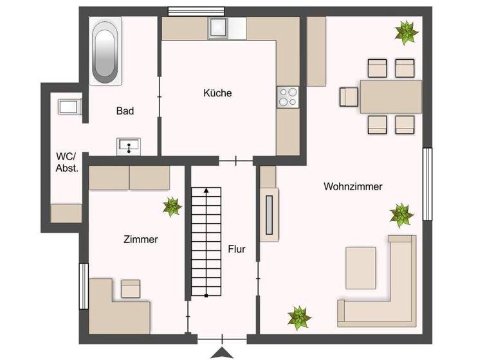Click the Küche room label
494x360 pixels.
pos(217,93)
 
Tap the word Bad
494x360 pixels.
pos(125,111)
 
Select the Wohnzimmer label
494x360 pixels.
pos(353,186)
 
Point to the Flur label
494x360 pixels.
pos(236,249)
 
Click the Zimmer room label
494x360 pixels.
pos(141,239)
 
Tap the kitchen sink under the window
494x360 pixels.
pos(218,28)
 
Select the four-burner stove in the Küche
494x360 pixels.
pos(287,96)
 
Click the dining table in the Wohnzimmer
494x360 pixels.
pos(391,96)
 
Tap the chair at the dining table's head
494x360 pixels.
pos(348,96)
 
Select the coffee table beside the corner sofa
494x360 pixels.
pos(360,267)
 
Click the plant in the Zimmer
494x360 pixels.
pos(172,206)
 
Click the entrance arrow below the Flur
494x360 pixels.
pos(222,352)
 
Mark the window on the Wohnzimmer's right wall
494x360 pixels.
pos(427,184)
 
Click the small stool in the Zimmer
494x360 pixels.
pos(131,289)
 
